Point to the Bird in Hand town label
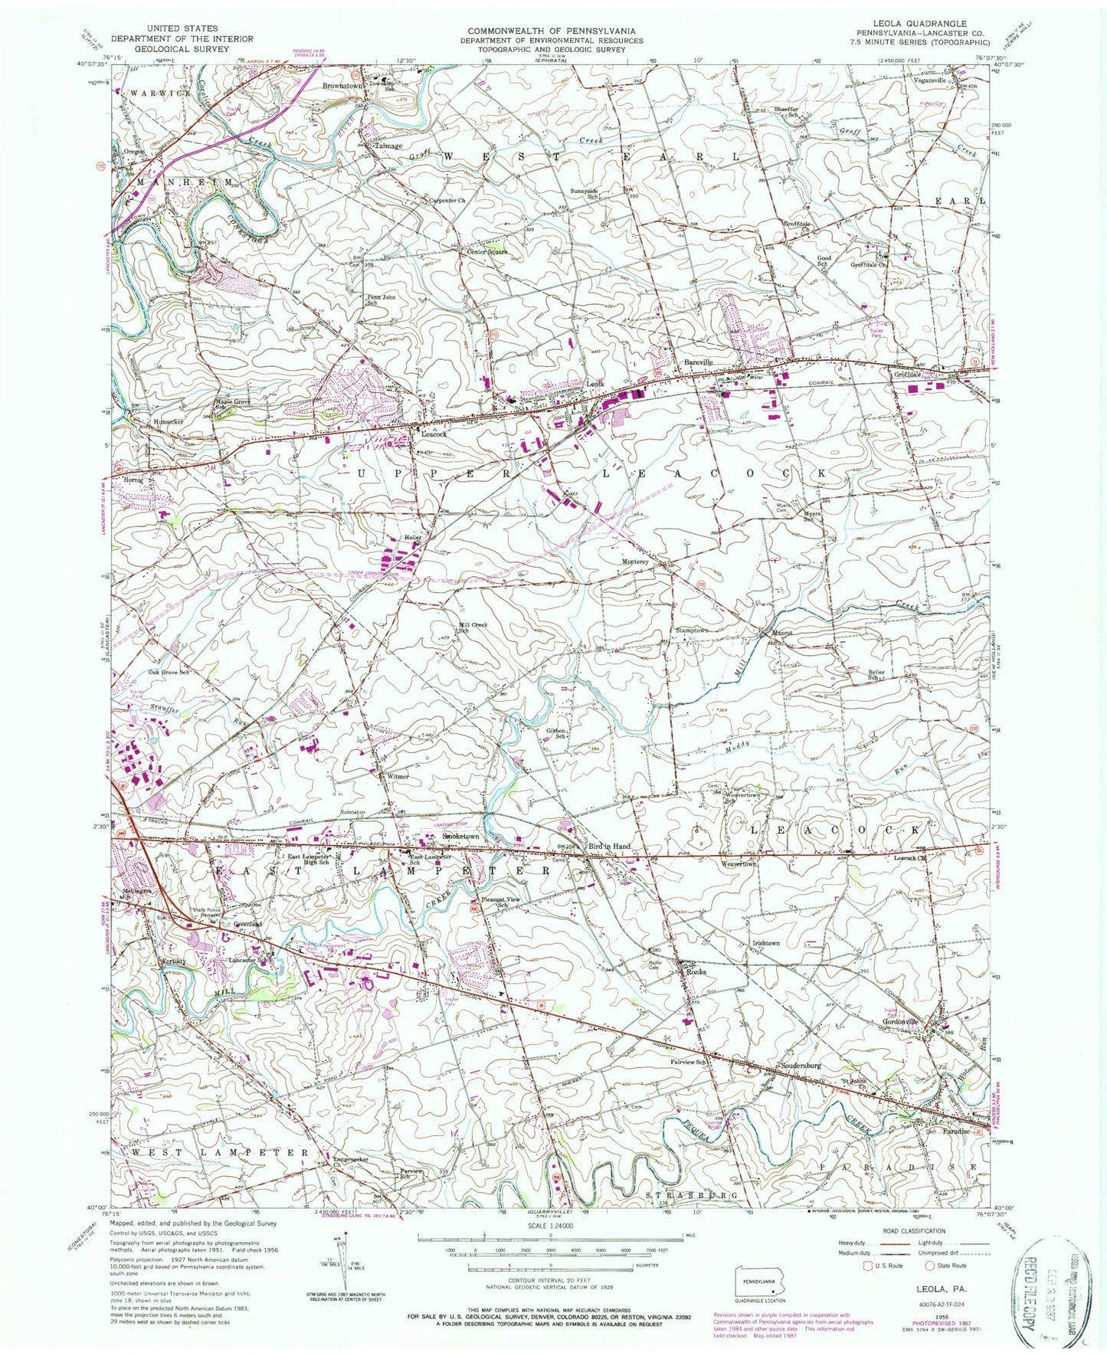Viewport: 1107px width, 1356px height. point(609,846)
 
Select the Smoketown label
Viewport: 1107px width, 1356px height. point(460,837)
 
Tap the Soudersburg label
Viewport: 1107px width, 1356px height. point(800,1066)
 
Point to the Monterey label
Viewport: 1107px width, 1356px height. point(635,562)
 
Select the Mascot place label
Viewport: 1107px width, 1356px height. point(781,634)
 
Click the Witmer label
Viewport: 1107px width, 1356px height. point(398,776)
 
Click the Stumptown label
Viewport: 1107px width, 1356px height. point(692,630)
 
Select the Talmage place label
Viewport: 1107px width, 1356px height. point(388,146)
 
